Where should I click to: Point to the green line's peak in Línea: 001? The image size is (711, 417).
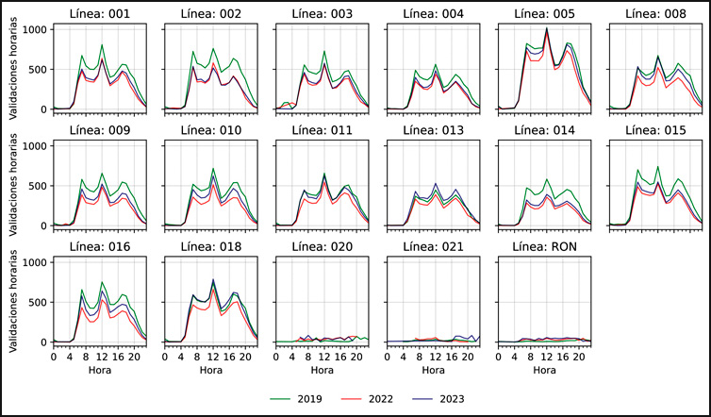(102, 44)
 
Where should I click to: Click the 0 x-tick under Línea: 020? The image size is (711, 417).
(276, 357)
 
